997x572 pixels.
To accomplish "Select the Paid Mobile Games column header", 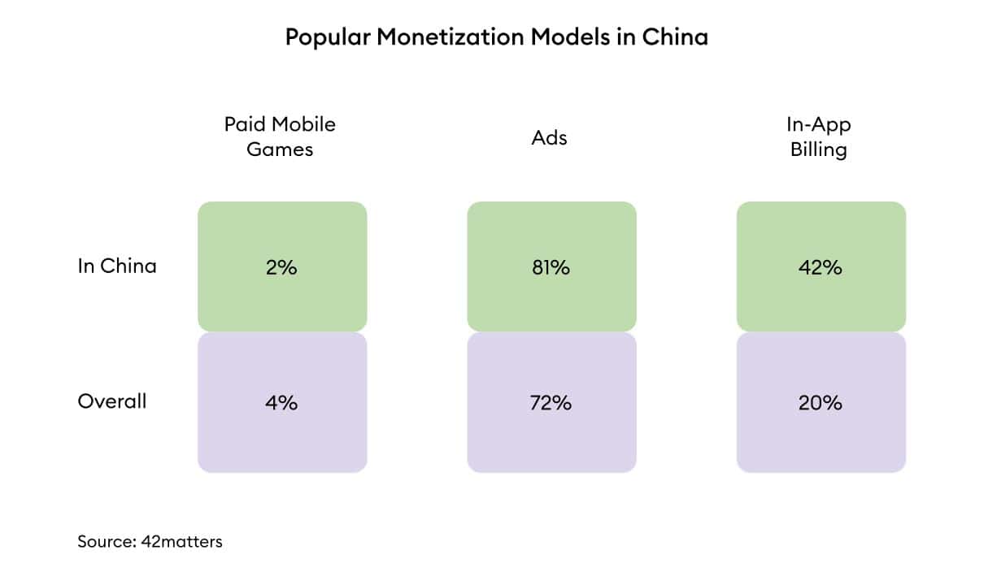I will [x=280, y=136].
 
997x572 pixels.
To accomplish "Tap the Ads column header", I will [x=550, y=137].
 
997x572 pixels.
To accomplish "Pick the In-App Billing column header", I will [x=818, y=136].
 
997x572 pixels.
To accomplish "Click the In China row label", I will [x=117, y=266].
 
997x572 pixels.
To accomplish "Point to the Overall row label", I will [x=112, y=401].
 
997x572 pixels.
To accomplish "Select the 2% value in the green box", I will [x=281, y=266].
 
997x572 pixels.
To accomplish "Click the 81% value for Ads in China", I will [x=551, y=266].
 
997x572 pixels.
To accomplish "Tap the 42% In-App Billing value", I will [x=820, y=266].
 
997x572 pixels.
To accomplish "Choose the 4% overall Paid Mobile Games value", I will [x=281, y=402].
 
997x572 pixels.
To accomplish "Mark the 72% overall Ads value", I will [x=551, y=402].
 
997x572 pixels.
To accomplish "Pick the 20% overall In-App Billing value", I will [x=820, y=402].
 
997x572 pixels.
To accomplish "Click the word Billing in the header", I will [x=818, y=149].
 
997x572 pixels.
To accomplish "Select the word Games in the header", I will [x=280, y=149].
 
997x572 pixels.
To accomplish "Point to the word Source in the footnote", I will [x=102, y=541].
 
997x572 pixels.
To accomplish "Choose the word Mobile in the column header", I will [x=303, y=124].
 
